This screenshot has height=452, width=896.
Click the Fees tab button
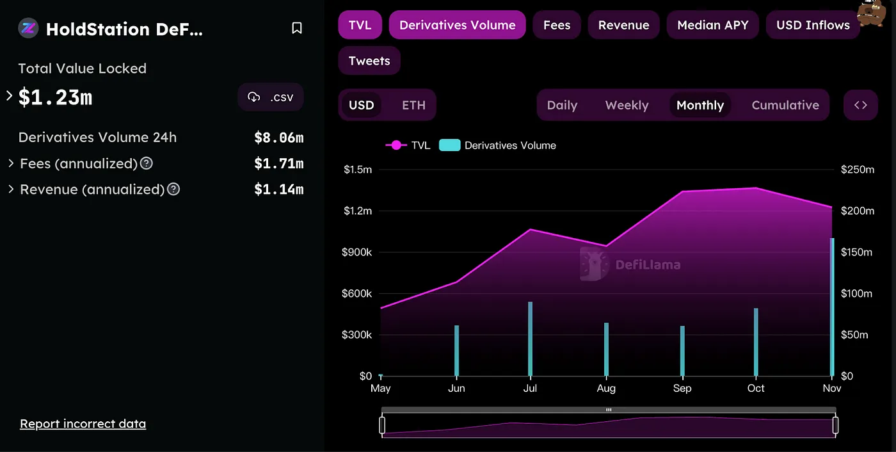556,25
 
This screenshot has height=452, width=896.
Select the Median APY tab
712,25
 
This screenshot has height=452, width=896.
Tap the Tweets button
369,61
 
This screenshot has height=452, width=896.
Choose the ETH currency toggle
413,105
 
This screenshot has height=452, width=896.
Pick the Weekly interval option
627,105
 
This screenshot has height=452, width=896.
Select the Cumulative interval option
785,105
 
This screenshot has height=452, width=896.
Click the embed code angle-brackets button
860,105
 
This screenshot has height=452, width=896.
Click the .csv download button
270,97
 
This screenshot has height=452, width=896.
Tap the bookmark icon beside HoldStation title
297,28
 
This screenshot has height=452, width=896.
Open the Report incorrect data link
83,424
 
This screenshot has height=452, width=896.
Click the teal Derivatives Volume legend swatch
449,145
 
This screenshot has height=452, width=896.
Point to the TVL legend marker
396,145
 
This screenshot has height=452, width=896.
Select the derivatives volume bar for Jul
531,339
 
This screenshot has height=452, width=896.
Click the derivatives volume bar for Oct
756,342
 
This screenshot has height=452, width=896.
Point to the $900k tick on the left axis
357,252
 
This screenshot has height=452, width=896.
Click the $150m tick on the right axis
856,252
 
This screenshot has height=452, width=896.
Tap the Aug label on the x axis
606,388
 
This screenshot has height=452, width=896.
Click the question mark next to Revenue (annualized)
173,190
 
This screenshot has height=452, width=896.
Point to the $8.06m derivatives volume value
279,138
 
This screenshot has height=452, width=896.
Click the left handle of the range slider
382,425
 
